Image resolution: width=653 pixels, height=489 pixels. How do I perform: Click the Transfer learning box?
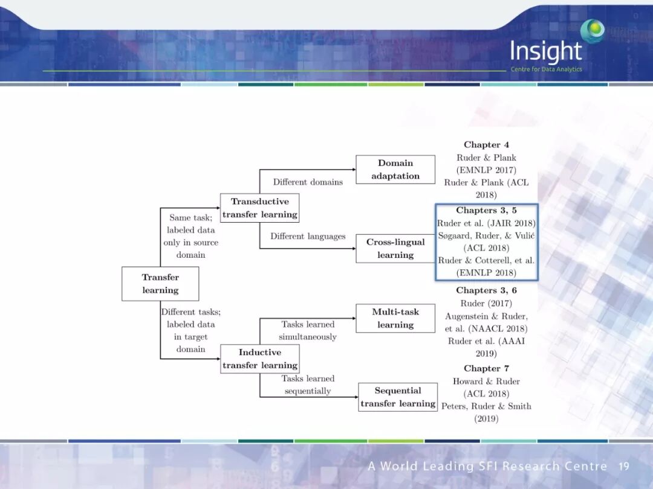point(160,284)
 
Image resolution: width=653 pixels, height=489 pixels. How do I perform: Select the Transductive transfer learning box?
point(259,208)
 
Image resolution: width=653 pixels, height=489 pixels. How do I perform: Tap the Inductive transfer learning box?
point(259,359)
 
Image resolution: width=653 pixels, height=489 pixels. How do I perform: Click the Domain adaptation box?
point(395,170)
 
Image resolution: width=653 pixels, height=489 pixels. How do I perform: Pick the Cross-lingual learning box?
point(395,248)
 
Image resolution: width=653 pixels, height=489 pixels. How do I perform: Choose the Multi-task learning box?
point(395,318)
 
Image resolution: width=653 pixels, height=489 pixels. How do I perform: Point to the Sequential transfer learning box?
point(398,397)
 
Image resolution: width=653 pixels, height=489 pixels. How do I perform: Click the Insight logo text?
point(545,52)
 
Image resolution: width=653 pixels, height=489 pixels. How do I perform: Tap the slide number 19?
point(624,466)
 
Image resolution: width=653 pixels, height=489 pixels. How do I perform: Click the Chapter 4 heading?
point(486,145)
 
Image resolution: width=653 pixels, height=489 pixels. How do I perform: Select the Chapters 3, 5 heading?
point(486,211)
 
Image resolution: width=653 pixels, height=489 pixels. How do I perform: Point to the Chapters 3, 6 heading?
point(486,290)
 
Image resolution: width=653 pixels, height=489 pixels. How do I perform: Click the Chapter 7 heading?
point(486,368)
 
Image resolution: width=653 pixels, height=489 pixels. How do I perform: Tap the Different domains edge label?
point(308,182)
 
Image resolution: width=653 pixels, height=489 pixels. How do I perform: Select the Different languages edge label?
point(308,236)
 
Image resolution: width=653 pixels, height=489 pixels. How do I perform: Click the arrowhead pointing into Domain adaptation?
point(352,170)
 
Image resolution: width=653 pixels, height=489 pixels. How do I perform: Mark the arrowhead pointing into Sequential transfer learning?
point(356,397)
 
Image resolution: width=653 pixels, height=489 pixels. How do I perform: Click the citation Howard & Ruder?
point(486,381)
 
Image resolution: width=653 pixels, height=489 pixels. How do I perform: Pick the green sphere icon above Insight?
point(593,30)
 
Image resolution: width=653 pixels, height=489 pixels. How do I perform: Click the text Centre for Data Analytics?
point(546,69)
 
